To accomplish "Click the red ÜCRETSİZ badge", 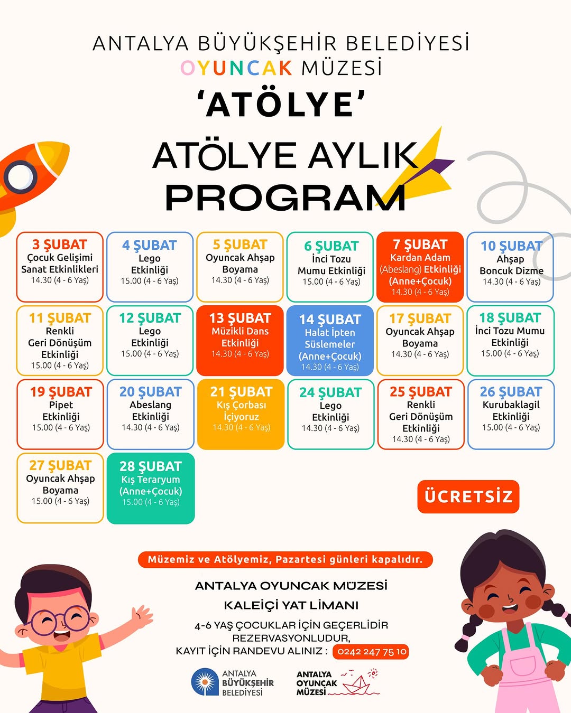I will [468, 496].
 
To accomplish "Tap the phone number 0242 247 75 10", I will [372, 652].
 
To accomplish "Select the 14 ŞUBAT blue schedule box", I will [330, 341].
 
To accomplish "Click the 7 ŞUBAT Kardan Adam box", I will [420, 267].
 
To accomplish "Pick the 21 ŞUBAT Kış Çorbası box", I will [241, 414].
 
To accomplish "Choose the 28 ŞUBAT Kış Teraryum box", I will [151, 488].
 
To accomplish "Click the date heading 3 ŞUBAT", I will [60, 245].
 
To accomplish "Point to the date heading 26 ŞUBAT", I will [511, 392].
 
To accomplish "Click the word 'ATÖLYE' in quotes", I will [281, 104].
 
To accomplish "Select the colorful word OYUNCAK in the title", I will [236, 68].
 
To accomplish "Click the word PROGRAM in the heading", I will [285, 198].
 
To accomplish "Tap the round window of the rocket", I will [20, 176].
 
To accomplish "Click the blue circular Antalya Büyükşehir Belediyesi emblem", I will [205, 682].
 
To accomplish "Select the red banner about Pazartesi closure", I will [285, 560].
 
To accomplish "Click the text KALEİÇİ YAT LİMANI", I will [291, 605].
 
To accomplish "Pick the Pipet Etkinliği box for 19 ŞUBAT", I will [60, 414].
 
